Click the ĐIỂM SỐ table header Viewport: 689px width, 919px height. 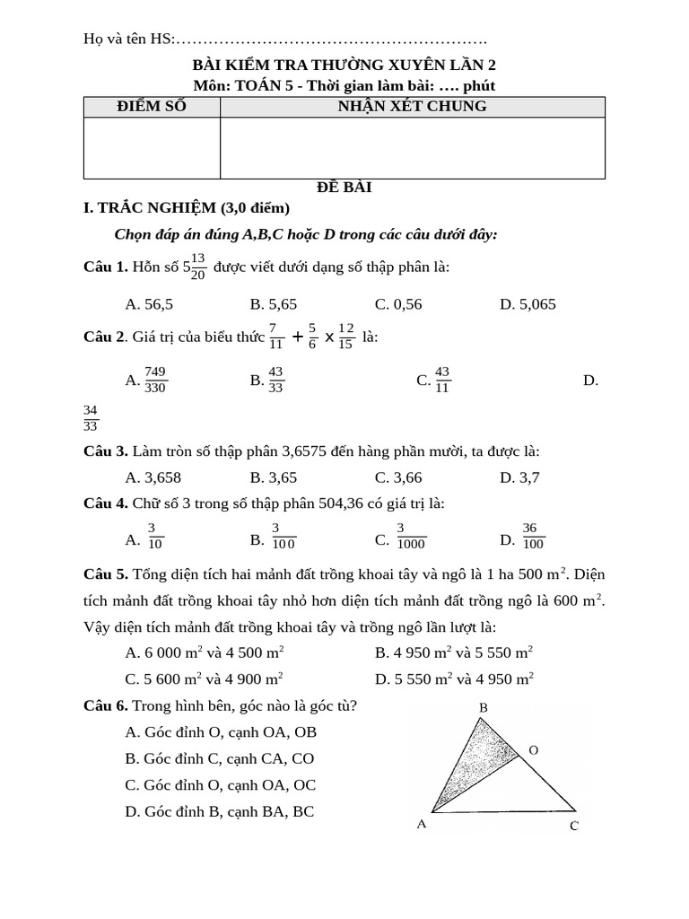click(x=152, y=107)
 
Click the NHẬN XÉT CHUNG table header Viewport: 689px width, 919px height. click(x=412, y=107)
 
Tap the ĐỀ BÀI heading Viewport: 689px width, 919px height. click(x=344, y=188)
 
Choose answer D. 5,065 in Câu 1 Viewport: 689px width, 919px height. click(x=528, y=304)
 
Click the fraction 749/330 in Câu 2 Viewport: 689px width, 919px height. click(x=155, y=380)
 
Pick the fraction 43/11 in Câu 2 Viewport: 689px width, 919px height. click(x=442, y=380)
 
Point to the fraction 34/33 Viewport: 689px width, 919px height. click(x=91, y=418)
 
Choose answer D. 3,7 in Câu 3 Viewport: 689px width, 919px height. click(x=519, y=477)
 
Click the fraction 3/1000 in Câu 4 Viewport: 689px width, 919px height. click(x=412, y=536)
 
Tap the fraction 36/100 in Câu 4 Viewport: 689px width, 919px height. click(x=533, y=536)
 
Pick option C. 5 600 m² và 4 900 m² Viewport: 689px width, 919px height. click(x=205, y=679)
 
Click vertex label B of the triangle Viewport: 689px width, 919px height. click(x=483, y=708)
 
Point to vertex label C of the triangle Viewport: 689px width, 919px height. click(x=575, y=827)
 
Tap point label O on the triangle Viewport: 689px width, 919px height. click(x=533, y=749)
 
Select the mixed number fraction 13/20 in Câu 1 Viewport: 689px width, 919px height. click(x=198, y=267)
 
